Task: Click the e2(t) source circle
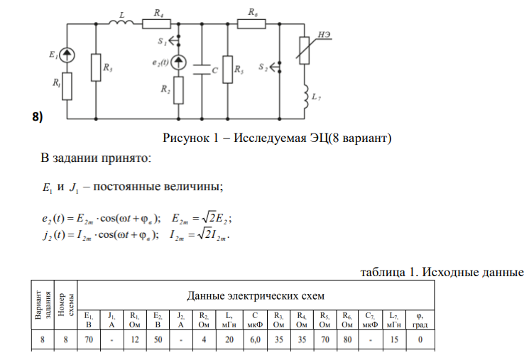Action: (x=178, y=63)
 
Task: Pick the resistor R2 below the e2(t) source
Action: (x=178, y=89)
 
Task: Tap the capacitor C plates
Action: (x=203, y=71)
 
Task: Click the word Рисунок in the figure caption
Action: (x=186, y=136)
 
